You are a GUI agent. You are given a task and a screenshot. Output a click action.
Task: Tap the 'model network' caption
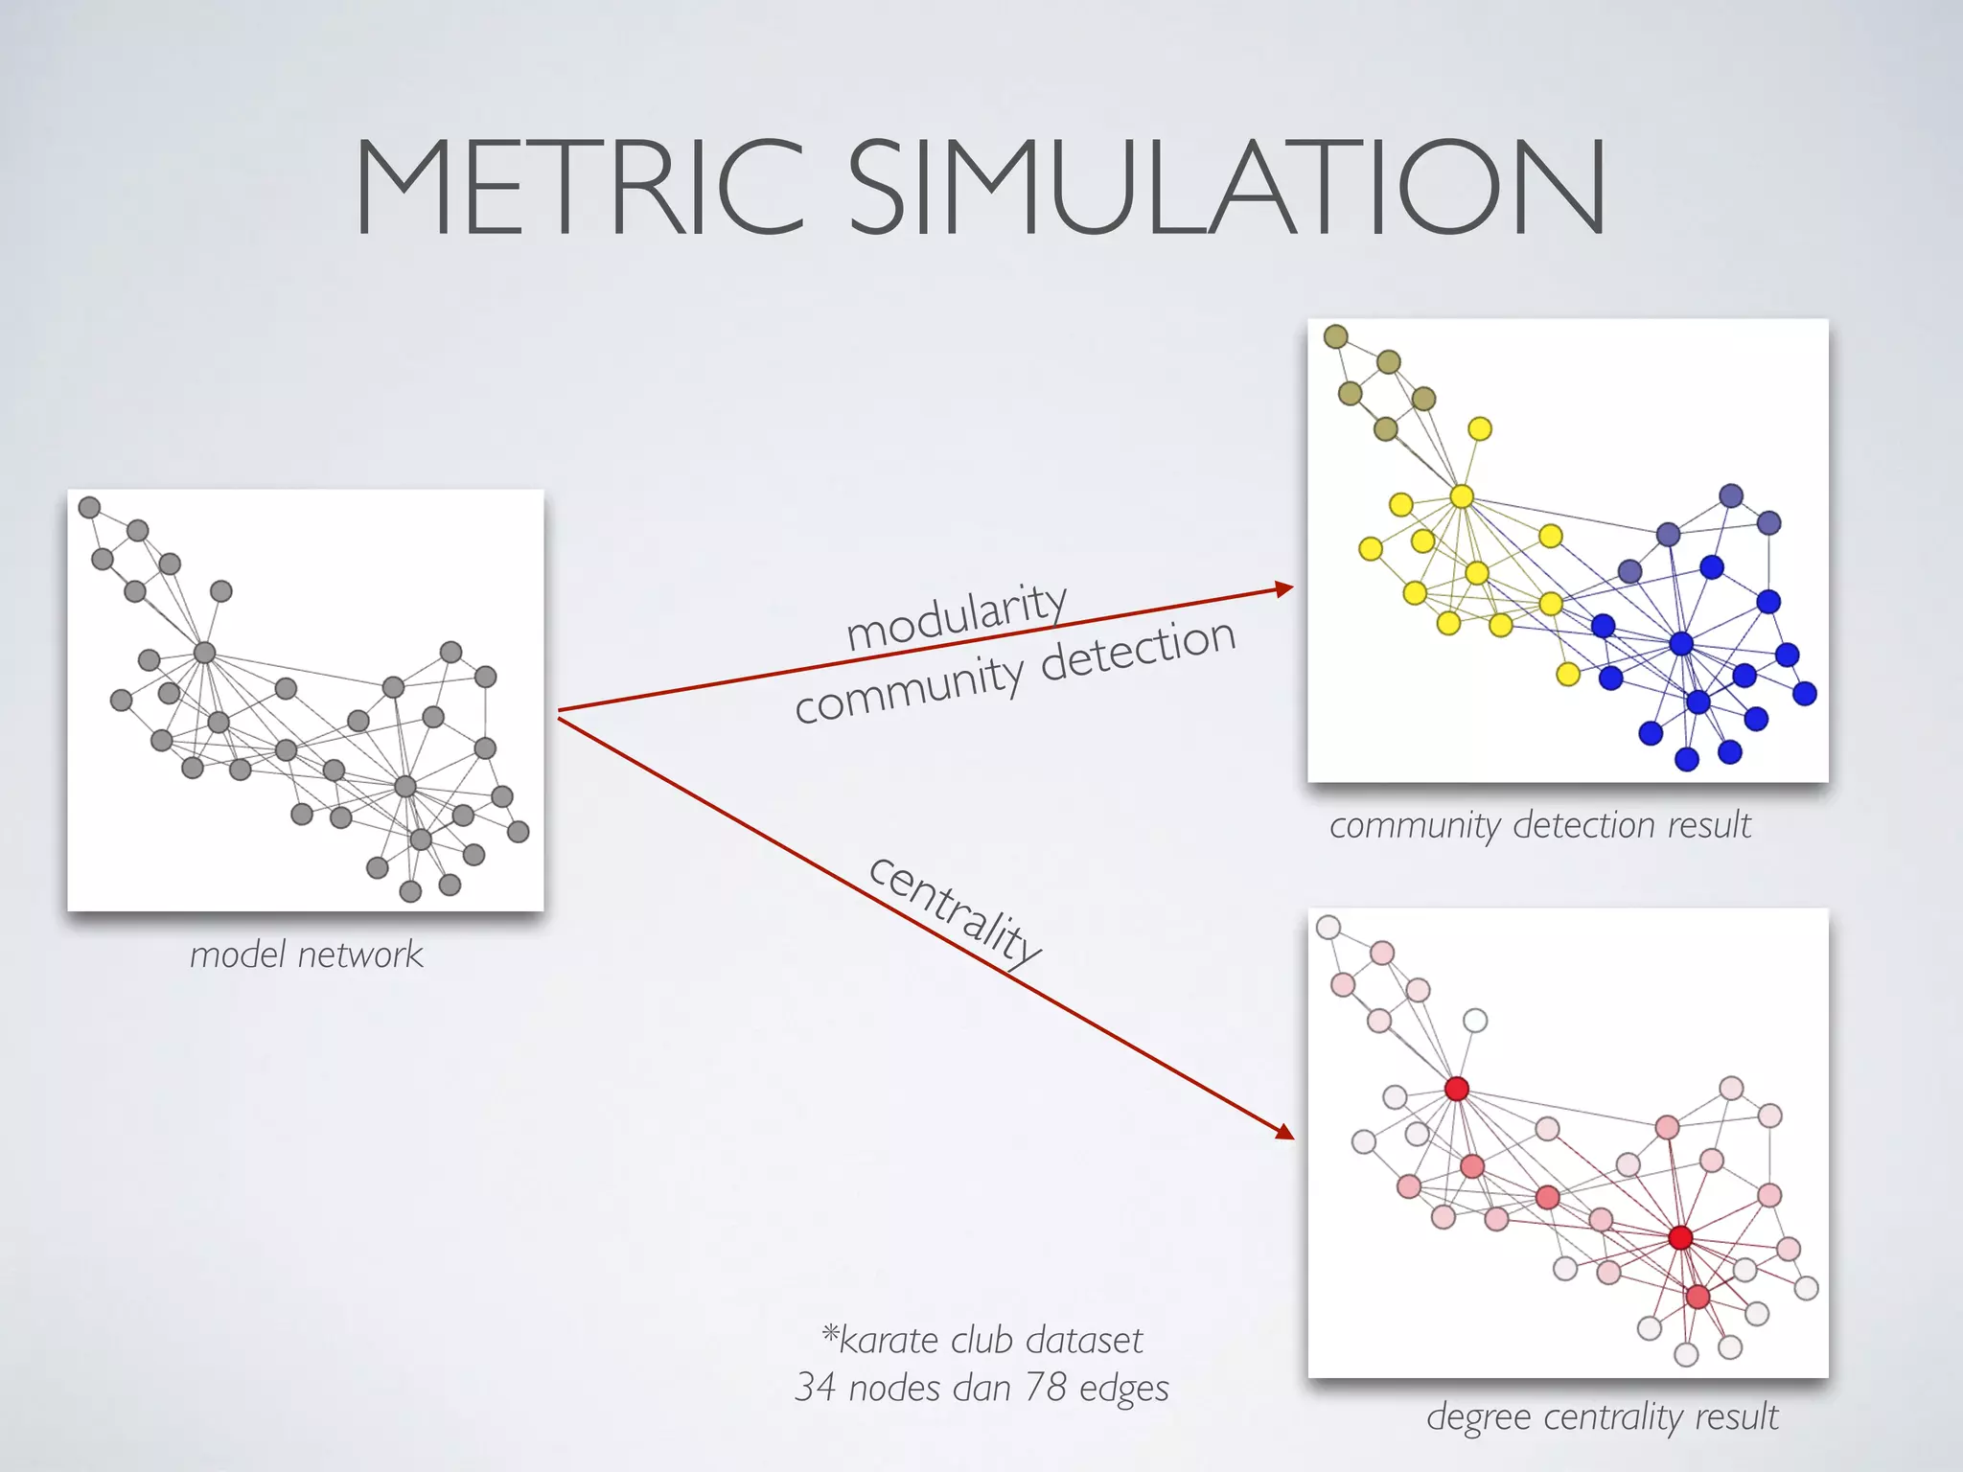[306, 954]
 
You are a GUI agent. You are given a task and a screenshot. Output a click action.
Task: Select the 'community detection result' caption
[1539, 825]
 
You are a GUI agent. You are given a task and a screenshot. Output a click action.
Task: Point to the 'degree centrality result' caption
[1602, 1416]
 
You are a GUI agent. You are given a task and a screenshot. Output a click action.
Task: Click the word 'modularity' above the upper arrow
[957, 618]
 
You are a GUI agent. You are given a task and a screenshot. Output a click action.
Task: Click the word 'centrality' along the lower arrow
[954, 908]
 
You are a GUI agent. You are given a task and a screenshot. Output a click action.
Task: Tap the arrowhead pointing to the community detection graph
[1283, 588]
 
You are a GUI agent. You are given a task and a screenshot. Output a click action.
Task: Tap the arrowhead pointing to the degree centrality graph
[1284, 1133]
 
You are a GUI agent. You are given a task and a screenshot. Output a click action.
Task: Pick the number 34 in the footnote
[815, 1388]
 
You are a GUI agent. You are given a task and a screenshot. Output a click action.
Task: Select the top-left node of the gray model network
[89, 507]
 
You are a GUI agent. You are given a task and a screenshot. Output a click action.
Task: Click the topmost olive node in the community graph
[1335, 336]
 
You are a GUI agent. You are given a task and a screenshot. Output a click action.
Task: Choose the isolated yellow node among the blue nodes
[1568, 674]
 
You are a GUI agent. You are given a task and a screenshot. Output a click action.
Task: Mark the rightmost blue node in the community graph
[1805, 693]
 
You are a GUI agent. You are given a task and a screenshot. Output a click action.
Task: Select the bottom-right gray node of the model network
[519, 831]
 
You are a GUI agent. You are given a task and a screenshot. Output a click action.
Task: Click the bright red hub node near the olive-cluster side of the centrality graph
[1457, 1089]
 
